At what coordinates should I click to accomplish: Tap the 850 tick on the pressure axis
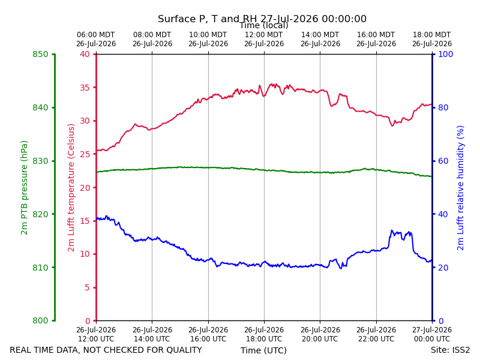(x=40, y=54)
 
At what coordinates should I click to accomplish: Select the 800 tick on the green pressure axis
(x=40, y=320)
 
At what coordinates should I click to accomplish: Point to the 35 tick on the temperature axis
(x=85, y=88)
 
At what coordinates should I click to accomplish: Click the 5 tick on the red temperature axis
(x=87, y=287)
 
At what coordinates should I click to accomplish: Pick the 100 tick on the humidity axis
(x=446, y=54)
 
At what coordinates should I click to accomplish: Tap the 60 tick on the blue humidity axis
(x=443, y=161)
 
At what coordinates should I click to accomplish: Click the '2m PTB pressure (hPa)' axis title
(x=24, y=188)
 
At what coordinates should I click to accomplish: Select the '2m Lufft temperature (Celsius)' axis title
(x=71, y=188)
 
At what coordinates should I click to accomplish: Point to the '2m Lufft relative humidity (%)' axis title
(x=460, y=188)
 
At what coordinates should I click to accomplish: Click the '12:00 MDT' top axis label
(x=264, y=35)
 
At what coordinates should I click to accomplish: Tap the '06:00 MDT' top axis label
(x=96, y=35)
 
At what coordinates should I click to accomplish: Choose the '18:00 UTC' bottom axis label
(x=264, y=339)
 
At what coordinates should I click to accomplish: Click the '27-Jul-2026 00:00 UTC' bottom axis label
(x=432, y=335)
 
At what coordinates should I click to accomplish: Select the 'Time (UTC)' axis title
(x=263, y=350)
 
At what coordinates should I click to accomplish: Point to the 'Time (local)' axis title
(x=264, y=26)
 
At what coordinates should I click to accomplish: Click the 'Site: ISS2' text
(x=451, y=350)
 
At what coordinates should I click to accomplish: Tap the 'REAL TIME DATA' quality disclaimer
(x=106, y=350)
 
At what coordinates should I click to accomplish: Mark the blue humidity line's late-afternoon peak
(x=392, y=230)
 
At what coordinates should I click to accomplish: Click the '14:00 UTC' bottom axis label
(x=152, y=339)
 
